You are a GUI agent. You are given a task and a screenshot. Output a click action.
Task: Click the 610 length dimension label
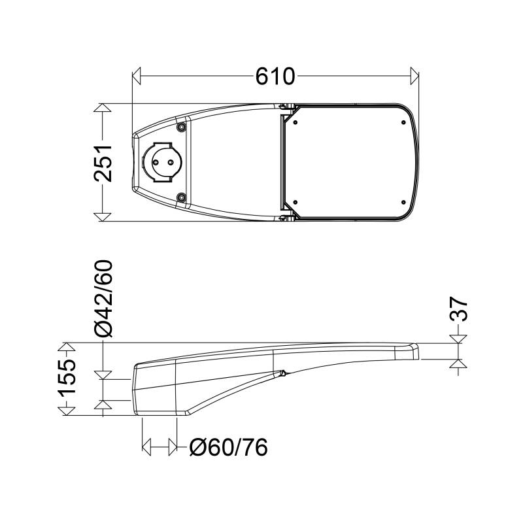(275, 76)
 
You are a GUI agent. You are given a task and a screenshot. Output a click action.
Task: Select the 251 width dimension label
(103, 163)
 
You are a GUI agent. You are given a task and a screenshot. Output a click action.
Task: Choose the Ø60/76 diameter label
(228, 448)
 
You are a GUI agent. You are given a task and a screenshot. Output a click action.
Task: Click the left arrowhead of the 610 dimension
(137, 76)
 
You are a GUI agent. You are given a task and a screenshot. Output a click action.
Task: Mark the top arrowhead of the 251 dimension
(103, 109)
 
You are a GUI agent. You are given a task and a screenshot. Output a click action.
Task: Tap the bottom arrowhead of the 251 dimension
(103, 216)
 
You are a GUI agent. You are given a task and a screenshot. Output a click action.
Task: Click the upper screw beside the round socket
(181, 127)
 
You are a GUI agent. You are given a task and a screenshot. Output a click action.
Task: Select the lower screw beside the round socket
(181, 197)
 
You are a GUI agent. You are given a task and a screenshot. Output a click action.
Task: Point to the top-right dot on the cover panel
(399, 121)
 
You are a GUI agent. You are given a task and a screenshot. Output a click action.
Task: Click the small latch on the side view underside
(282, 374)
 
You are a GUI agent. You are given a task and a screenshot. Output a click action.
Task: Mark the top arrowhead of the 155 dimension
(66, 347)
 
